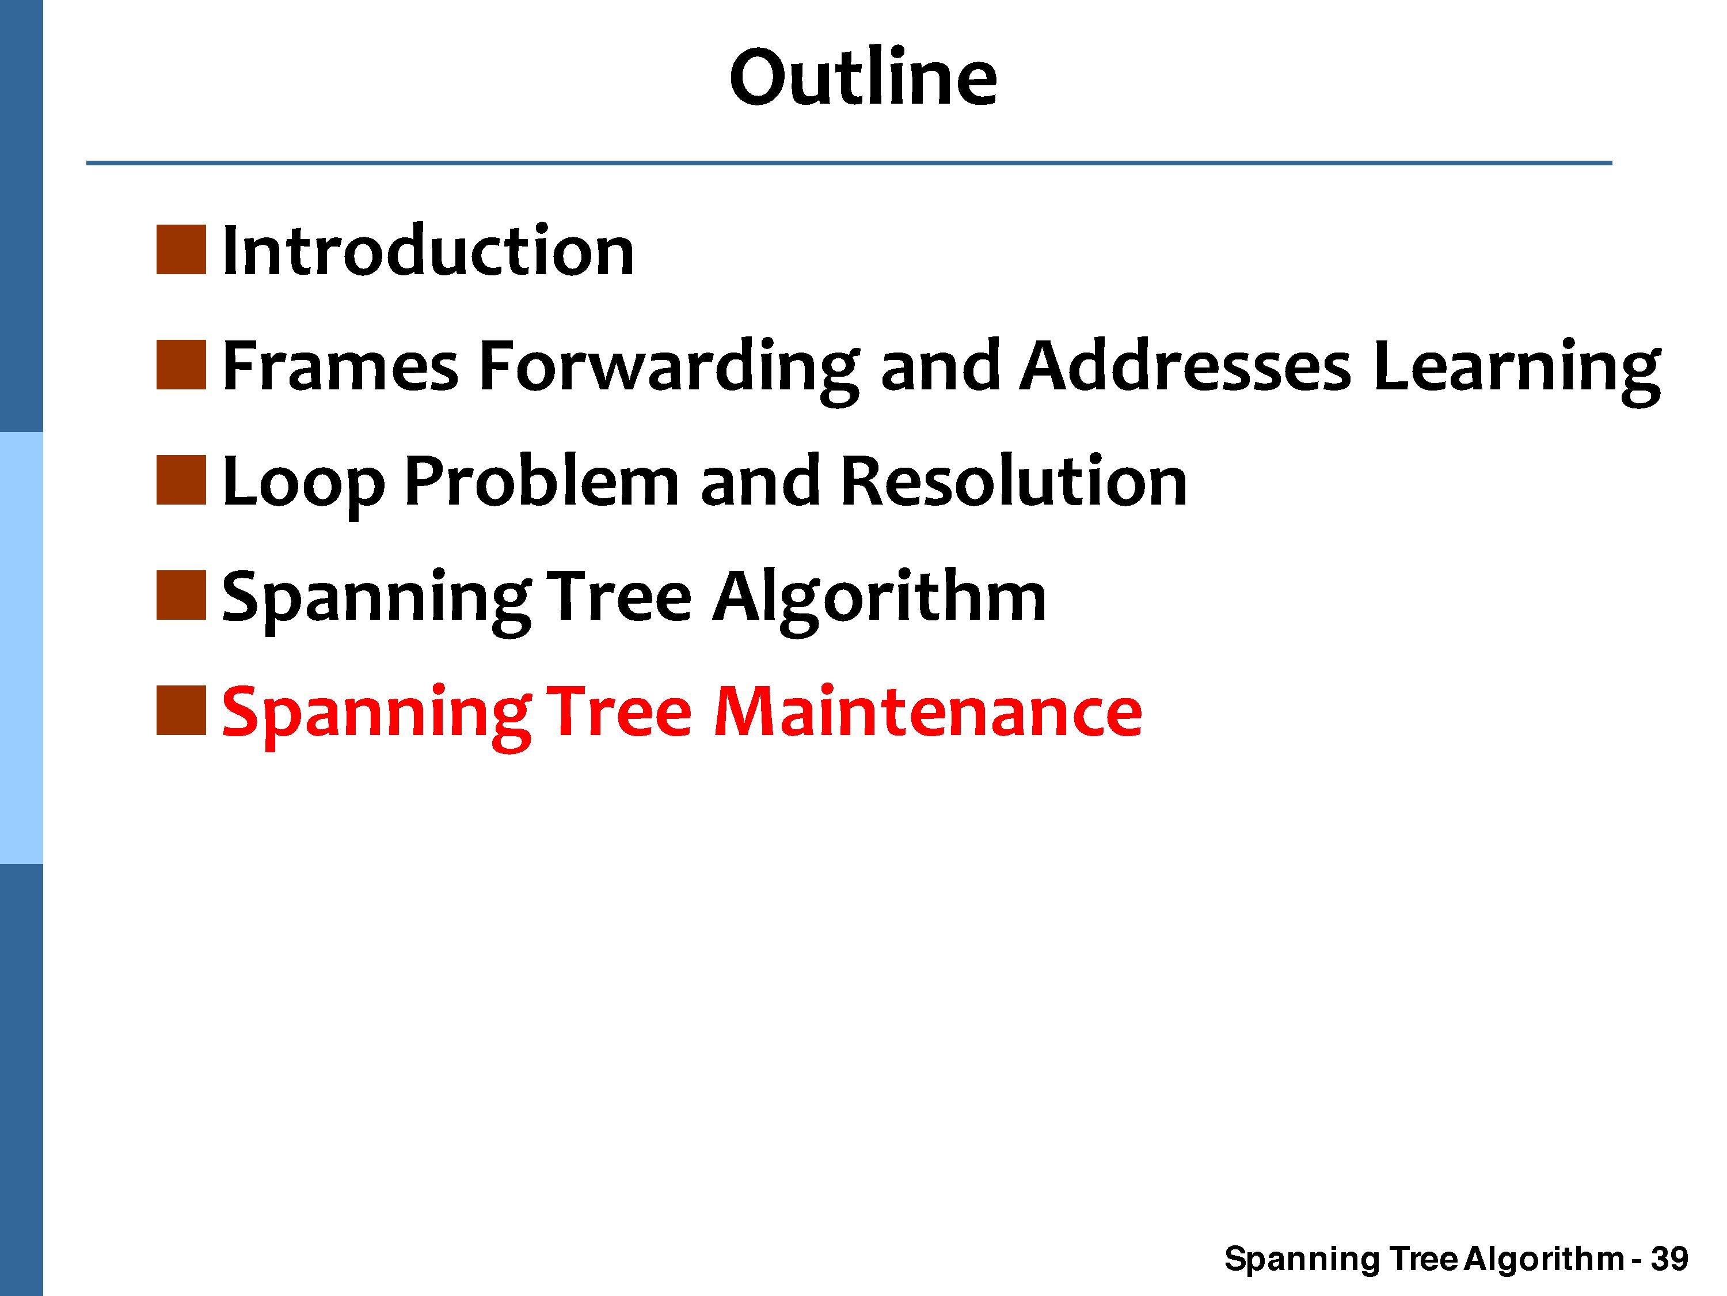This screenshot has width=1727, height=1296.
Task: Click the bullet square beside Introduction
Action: click(181, 250)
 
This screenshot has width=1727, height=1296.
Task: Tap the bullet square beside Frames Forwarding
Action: click(181, 365)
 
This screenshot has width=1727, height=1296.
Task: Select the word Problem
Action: click(542, 480)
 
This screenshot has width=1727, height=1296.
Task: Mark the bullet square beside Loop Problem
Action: click(181, 480)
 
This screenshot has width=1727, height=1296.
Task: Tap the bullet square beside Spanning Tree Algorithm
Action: click(181, 595)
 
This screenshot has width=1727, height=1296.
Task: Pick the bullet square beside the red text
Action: click(181, 710)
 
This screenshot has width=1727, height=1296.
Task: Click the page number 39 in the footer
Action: click(1669, 1259)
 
